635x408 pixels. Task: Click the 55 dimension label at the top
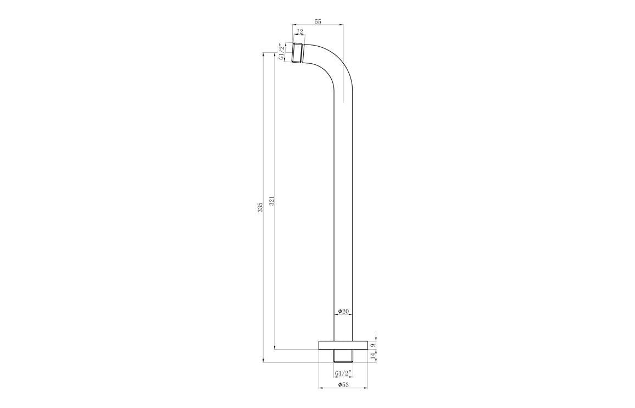coord(317,21)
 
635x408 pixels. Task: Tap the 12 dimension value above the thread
coord(299,31)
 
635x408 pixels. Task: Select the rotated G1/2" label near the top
coord(281,52)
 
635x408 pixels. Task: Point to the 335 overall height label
coord(260,207)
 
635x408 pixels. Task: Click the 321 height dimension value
coord(271,201)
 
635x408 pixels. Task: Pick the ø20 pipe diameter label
coord(343,311)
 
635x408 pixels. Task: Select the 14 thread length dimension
coord(373,356)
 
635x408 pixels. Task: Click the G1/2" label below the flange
coord(343,373)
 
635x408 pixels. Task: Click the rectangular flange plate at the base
coord(343,345)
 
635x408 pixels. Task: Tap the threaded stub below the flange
coord(343,356)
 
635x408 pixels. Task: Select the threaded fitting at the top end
coord(298,53)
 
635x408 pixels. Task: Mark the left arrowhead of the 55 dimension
coord(294,25)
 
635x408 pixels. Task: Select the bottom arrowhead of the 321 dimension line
coord(275,347)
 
